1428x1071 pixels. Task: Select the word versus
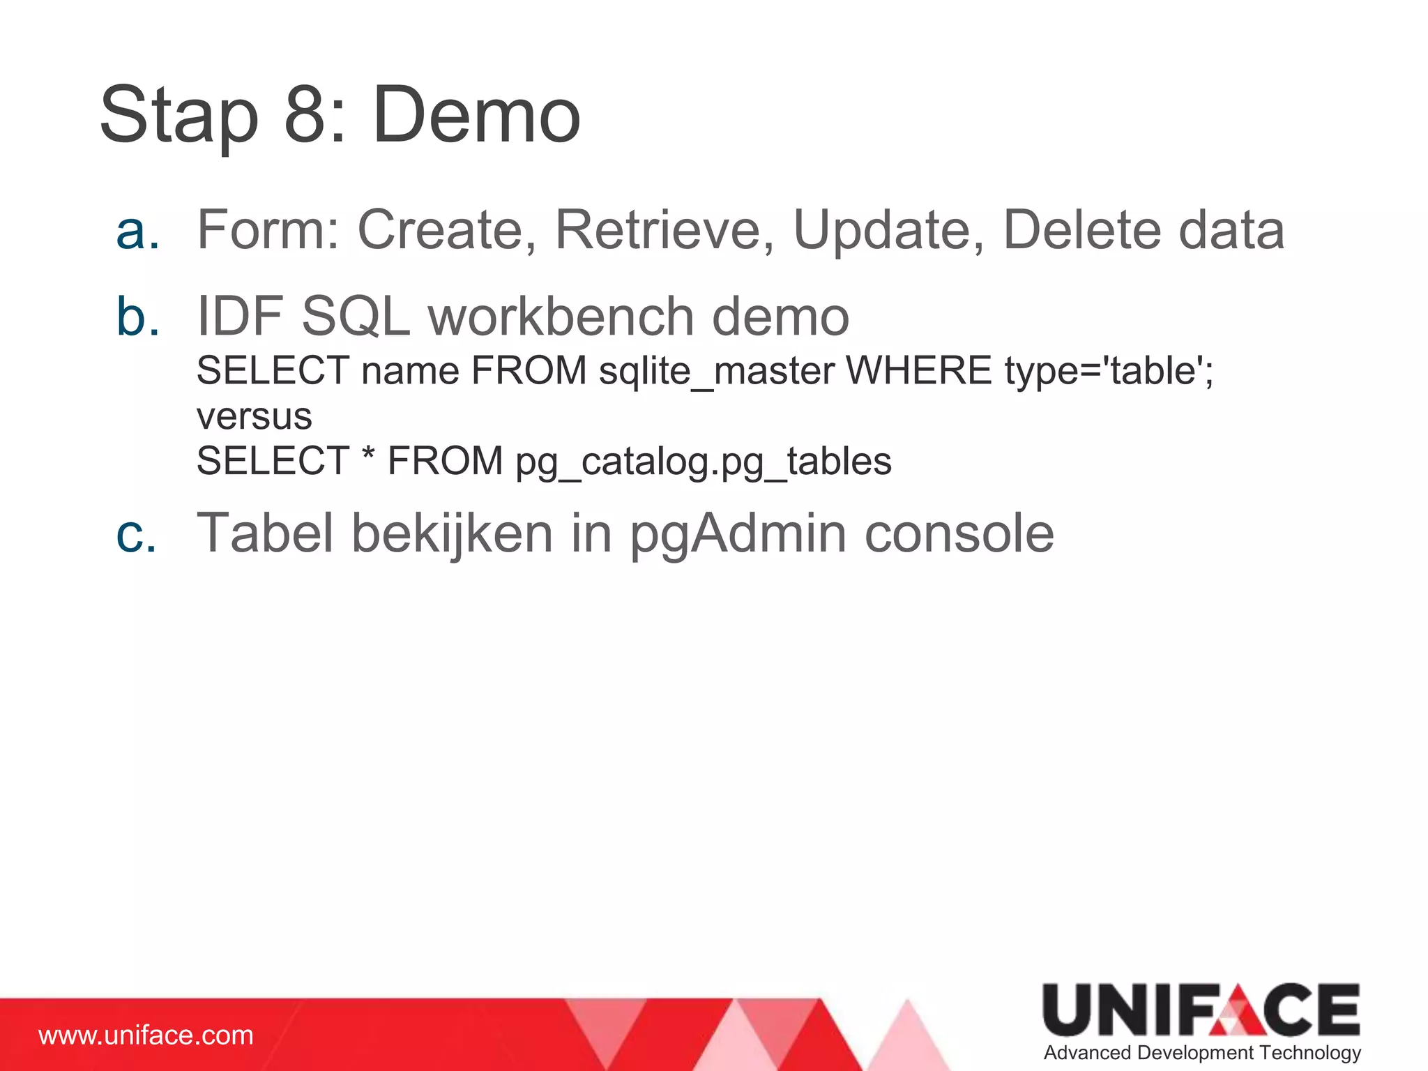[254, 417]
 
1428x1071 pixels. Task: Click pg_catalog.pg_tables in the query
[703, 462]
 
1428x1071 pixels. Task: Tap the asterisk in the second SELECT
[368, 454]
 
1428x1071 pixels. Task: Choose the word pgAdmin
[738, 535]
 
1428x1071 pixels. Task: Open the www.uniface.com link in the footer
[146, 1035]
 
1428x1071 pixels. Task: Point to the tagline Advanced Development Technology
[1202, 1053]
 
